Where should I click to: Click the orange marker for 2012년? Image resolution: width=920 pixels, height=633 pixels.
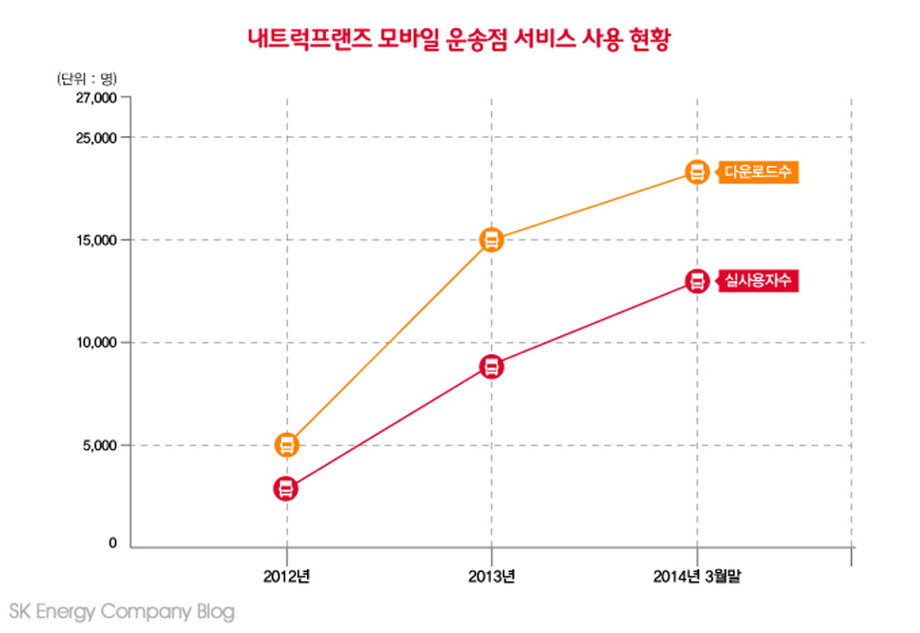coord(286,445)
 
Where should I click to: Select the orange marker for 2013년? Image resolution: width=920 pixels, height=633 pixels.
coord(491,239)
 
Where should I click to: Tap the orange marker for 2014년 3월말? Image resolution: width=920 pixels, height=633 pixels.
coord(697,172)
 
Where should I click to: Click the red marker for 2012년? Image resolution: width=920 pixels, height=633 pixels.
coord(286,488)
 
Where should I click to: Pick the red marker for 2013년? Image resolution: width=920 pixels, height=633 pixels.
coord(491,366)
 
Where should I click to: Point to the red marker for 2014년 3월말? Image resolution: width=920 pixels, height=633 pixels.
coord(697,281)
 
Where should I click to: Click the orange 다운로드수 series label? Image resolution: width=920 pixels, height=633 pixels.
coord(758,172)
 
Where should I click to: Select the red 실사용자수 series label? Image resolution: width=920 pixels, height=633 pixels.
coord(758,280)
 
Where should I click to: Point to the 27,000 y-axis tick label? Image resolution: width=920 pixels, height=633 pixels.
coord(97,98)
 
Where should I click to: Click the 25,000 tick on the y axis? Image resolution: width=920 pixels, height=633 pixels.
coord(97,138)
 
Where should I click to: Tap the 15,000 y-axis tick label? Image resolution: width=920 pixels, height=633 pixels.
coord(97,240)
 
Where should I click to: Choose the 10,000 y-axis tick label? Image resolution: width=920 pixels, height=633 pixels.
coord(97,343)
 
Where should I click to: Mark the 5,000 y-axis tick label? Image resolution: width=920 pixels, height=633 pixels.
coord(100,445)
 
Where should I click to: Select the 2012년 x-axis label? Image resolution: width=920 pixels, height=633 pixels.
coord(286,576)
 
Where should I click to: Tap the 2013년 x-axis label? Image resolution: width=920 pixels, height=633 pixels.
coord(491,576)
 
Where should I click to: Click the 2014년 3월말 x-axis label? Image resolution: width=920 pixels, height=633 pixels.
coord(697,576)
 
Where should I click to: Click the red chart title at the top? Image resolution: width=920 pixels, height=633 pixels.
coord(459,40)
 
